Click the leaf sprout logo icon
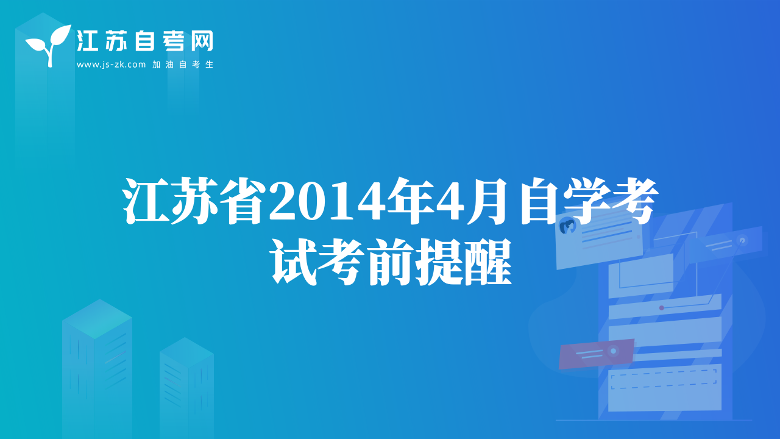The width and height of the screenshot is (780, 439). tap(49, 45)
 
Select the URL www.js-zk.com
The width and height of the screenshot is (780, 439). tap(111, 65)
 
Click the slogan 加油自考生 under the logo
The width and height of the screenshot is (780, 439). tap(182, 65)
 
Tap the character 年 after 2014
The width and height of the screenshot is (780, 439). tap(410, 201)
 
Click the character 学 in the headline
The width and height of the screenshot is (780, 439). tap(584, 201)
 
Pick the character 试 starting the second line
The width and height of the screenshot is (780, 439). tap(293, 262)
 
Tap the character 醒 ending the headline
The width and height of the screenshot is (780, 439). tap(487, 262)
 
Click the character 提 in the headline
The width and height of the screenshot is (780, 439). tap(439, 262)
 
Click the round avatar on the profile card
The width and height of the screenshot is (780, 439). tap(567, 226)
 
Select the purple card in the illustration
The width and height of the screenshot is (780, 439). tap(596, 354)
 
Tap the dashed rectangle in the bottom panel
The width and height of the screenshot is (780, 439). tap(664, 379)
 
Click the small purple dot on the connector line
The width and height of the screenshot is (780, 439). tap(662, 308)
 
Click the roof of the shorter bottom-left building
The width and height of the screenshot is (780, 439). tap(186, 352)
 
